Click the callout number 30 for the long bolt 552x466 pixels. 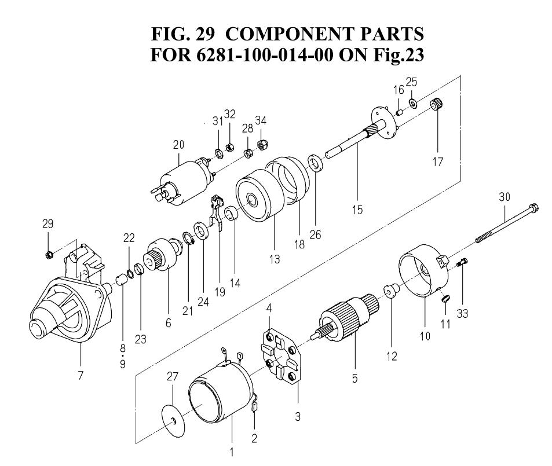[x=504, y=197]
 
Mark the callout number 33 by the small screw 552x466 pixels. [x=462, y=313]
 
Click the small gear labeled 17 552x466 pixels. [x=438, y=107]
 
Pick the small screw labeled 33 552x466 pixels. [x=462, y=265]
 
